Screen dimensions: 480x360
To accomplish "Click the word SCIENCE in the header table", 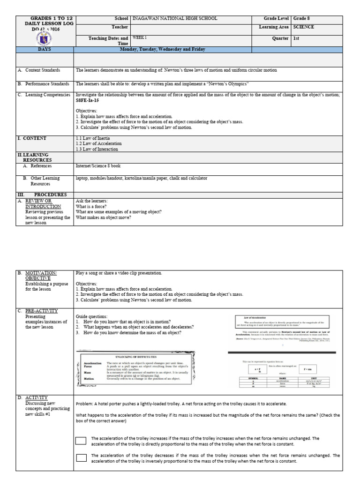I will tap(304, 27).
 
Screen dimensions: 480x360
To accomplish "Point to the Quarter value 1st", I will tap(296, 38).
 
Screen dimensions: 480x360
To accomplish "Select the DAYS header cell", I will tap(45, 49).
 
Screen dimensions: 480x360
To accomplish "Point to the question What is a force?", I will tap(91, 206).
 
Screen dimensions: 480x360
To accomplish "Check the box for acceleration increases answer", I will tap(81, 441).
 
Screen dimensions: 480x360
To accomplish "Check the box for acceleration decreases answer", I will tap(81, 458).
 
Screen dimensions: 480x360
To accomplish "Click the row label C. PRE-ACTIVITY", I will tap(44, 310).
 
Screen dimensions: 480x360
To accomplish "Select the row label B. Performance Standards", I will tap(45, 83).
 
